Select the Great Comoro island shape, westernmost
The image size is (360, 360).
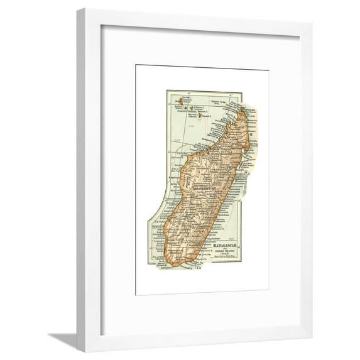[x=180, y=100]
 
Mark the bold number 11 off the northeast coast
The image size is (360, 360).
[x=250, y=134]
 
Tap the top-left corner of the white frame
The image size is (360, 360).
[x=78, y=10]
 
